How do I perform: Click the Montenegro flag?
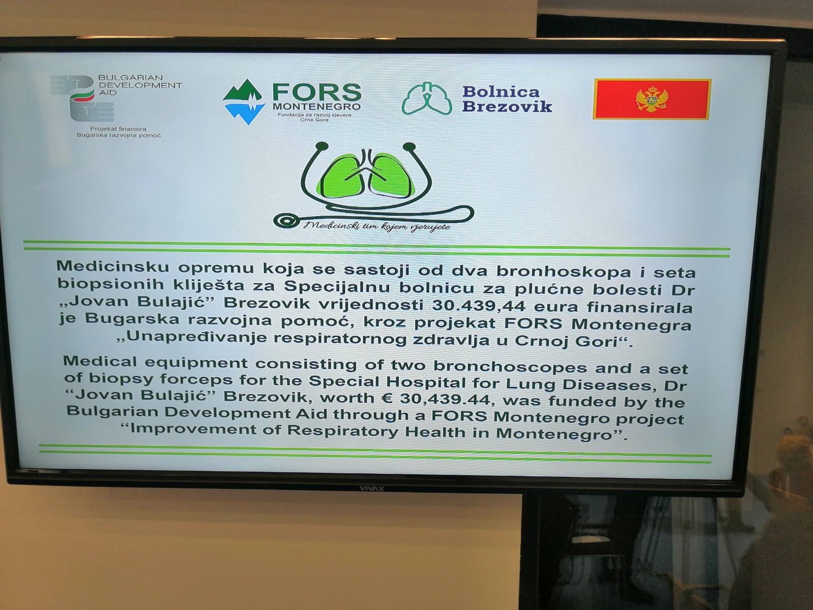tap(651, 99)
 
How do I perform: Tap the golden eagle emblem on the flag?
tap(652, 100)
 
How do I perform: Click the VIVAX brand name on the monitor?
tap(371, 489)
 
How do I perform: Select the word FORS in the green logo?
tap(317, 92)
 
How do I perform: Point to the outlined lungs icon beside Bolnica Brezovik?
tap(427, 98)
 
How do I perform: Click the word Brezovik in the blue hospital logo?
tap(507, 107)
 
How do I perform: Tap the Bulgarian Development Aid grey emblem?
tap(82, 98)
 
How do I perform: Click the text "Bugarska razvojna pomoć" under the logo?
tap(119, 135)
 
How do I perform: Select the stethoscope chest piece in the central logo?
tap(286, 221)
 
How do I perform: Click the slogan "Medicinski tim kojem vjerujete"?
tap(377, 226)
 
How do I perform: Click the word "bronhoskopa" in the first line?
tap(564, 271)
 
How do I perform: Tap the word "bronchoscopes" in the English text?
tap(510, 367)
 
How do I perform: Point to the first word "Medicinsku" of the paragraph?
tap(113, 266)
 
